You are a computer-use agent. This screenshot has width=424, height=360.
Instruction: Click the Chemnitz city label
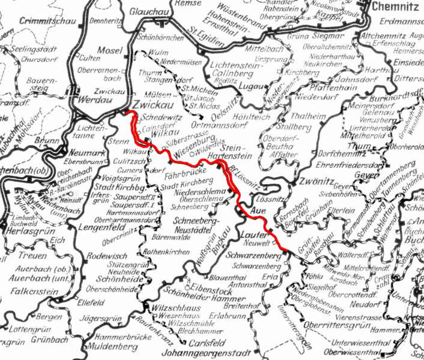pyautogui.click(x=397, y=7)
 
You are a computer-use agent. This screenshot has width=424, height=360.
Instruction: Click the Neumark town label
pyautogui.click(x=80, y=153)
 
